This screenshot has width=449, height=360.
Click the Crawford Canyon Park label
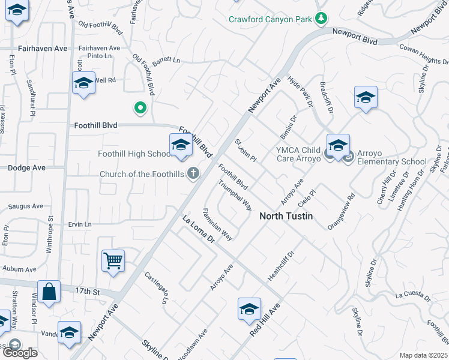tap(270, 19)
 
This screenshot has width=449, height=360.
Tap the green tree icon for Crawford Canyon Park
tap(322, 19)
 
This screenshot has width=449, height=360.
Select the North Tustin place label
tap(286, 216)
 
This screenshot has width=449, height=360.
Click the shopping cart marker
tap(113, 261)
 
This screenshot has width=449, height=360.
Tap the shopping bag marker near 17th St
tap(49, 292)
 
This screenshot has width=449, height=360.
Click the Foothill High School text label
tap(136, 154)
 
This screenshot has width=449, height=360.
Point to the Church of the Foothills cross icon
tap(193, 174)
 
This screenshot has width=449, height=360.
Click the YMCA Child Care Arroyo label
tap(298, 155)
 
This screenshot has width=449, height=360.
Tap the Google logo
tap(19, 353)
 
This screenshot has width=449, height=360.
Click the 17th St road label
tap(87, 291)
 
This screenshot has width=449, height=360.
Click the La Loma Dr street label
tap(198, 229)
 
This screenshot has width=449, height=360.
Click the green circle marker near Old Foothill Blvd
tap(140, 108)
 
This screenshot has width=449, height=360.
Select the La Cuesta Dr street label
tap(413, 295)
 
